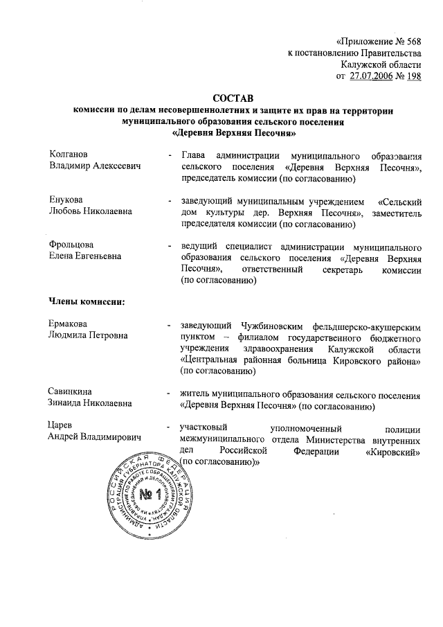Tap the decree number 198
[x=413, y=76]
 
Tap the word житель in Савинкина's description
[x=195, y=394]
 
